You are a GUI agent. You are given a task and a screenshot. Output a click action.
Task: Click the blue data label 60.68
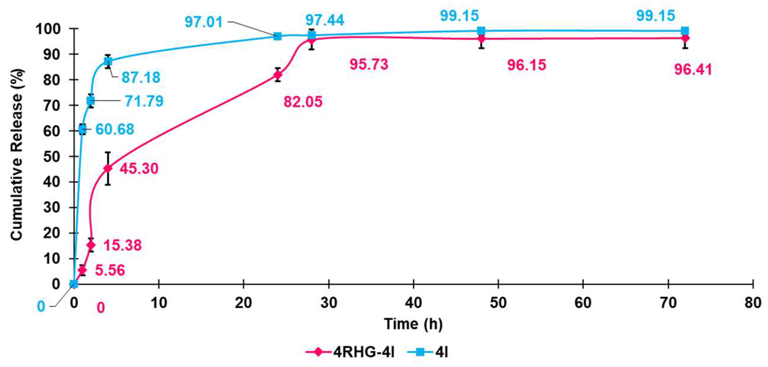(x=115, y=129)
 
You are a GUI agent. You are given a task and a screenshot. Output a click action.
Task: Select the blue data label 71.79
(x=144, y=101)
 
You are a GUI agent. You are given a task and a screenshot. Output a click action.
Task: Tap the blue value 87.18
(x=141, y=77)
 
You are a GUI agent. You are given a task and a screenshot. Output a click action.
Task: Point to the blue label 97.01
(x=203, y=22)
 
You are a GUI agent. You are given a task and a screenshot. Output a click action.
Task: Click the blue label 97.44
(x=324, y=20)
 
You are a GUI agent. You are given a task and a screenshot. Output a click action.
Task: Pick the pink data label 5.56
(x=110, y=270)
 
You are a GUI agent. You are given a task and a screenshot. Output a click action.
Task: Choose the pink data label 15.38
(x=122, y=245)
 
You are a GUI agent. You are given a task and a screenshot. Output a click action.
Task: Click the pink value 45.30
(x=139, y=168)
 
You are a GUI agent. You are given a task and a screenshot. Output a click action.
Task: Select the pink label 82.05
(x=303, y=102)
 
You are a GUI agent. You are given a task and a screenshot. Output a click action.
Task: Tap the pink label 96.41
(x=693, y=69)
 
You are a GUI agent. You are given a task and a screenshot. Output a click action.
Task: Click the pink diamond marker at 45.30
(x=108, y=168)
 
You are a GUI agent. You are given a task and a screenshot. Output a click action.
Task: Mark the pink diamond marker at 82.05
(x=278, y=75)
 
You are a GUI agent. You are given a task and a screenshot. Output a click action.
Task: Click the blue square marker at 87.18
(x=108, y=61)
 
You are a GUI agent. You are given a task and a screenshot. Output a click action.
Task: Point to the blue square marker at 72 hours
(x=685, y=31)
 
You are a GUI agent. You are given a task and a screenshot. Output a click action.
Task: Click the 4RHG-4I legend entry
(x=350, y=352)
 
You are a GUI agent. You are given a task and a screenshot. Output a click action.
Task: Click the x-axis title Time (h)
(x=413, y=324)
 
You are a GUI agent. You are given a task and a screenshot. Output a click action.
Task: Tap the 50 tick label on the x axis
(x=498, y=303)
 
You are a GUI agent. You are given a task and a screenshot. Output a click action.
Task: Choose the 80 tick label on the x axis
(x=752, y=303)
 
